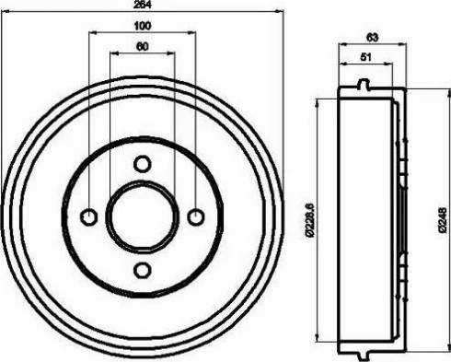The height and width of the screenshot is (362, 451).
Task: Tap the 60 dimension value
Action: point(142,46)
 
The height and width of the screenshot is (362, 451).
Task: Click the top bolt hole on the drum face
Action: point(142,164)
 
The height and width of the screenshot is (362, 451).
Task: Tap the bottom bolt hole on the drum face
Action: point(142,271)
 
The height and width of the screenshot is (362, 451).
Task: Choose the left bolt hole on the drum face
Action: point(88,217)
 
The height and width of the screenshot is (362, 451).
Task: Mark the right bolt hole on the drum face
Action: point(195,217)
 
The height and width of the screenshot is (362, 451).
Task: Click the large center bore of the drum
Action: point(142,217)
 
